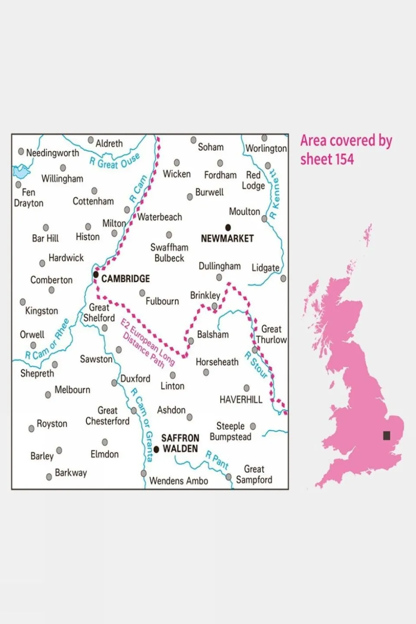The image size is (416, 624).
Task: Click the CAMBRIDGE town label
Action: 125,279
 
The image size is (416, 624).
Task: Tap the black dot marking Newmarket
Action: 228,227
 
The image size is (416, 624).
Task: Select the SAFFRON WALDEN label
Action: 180,443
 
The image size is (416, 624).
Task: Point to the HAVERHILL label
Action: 241,400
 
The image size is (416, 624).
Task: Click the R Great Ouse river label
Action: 115,161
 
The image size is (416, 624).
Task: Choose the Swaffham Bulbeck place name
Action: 169,253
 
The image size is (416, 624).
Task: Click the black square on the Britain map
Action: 387,435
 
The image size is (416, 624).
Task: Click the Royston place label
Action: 52,424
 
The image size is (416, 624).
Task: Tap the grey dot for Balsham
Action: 191,341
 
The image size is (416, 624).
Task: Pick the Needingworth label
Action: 52,153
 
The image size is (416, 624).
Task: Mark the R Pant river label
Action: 217,460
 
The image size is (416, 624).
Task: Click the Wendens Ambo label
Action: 178,481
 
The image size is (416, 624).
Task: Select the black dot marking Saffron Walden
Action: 157,450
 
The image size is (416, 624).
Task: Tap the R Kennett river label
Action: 274,194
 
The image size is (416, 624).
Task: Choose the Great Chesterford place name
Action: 107,416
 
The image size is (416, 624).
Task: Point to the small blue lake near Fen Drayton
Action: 21,172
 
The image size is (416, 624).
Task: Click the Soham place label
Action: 210,147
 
